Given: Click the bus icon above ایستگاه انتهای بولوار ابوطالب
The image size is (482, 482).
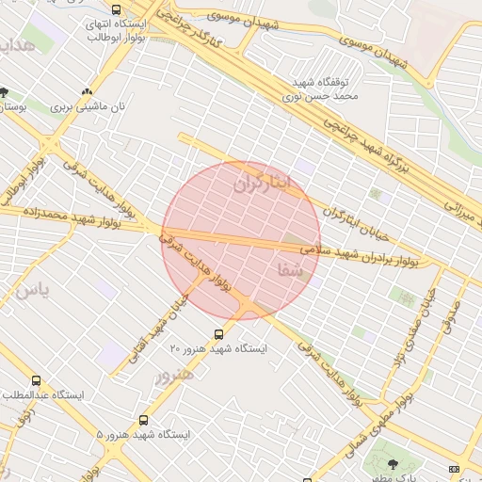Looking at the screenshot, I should (116, 9).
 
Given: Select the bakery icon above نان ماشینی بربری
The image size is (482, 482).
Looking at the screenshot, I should (88, 91).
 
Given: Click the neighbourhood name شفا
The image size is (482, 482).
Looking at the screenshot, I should (290, 270).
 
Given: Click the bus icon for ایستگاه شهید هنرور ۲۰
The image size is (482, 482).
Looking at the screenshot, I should (218, 334).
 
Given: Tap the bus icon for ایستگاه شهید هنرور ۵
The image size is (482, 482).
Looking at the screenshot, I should (144, 420).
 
